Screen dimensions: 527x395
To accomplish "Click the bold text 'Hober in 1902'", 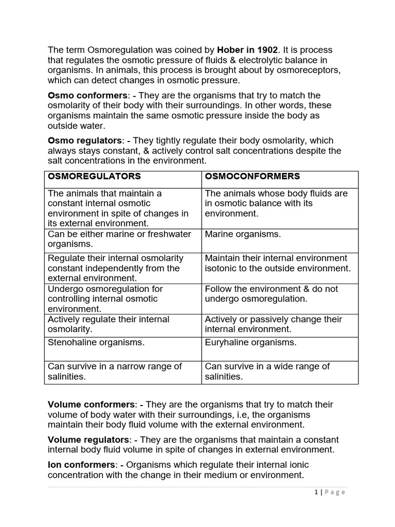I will click(247, 50).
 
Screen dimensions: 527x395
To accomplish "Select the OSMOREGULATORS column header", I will click(94, 177).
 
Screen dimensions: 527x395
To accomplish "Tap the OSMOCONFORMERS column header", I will click(253, 177).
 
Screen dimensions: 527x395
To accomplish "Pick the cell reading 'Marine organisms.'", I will click(243, 234).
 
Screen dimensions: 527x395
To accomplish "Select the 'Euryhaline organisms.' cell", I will click(250, 342).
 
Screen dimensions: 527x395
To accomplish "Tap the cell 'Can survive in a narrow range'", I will click(115, 371).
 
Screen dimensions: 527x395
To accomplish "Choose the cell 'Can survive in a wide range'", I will click(267, 371).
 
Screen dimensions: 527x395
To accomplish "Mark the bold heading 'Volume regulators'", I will click(89, 440).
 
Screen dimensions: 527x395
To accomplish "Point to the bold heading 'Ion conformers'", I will click(81, 465).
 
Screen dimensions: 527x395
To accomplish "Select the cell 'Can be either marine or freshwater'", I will click(119, 239).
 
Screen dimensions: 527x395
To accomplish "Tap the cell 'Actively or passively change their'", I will click(273, 324).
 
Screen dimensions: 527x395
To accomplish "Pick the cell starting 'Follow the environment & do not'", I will click(271, 293).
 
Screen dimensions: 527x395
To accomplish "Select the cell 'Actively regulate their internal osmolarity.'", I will click(108, 324).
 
